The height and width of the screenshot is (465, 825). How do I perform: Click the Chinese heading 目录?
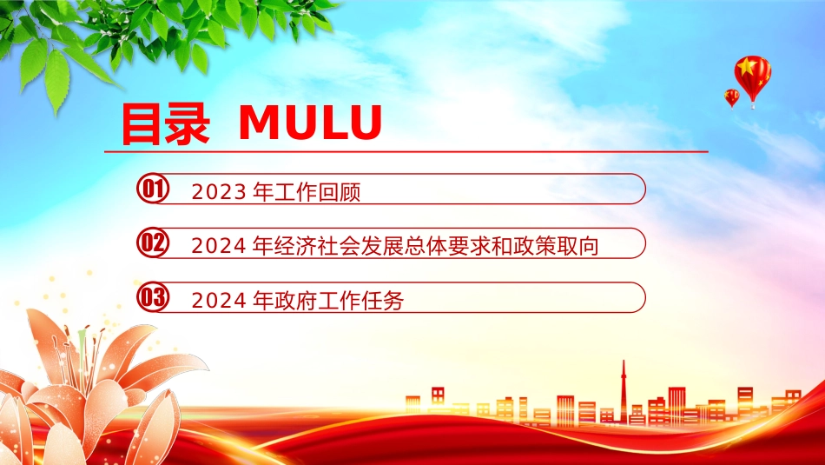point(165,124)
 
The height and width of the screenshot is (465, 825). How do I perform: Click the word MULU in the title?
point(310,123)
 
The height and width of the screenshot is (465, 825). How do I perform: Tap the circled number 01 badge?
point(153,189)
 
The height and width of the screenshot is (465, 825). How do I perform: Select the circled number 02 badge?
point(153,242)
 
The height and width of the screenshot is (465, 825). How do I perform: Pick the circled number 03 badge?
point(153,297)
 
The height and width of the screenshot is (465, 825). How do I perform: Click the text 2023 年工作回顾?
point(276,192)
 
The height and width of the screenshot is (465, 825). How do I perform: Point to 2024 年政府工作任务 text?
point(298,301)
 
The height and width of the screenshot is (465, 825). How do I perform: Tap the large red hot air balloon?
point(752,79)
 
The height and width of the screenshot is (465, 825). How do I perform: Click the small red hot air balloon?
point(731,98)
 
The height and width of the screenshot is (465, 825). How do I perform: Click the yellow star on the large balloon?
point(746,66)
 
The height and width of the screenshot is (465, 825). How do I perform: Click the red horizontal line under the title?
point(406,151)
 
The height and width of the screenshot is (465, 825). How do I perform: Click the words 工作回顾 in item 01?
point(317,192)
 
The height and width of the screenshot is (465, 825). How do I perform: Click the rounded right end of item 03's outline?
point(645,297)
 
